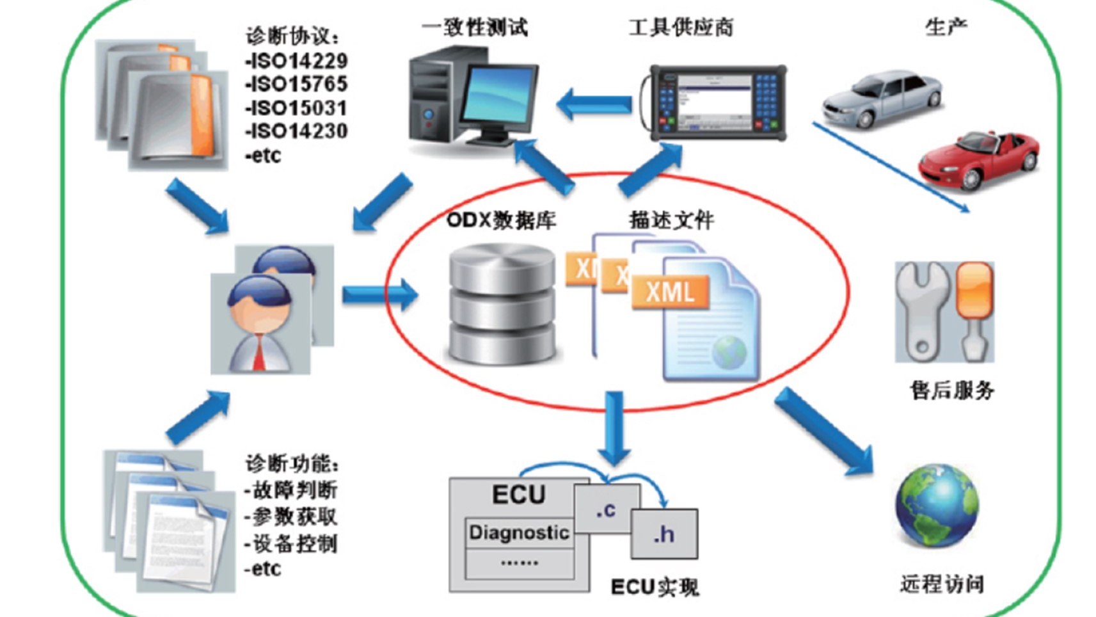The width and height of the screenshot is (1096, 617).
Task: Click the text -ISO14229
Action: pyautogui.click(x=296, y=61)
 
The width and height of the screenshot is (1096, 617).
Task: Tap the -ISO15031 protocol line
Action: pyautogui.click(x=296, y=108)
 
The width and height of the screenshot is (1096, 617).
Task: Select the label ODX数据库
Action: pyautogui.click(x=501, y=220)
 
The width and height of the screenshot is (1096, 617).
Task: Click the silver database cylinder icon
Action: pyautogui.click(x=502, y=304)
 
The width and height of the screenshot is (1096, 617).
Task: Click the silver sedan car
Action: pyautogui.click(x=882, y=99)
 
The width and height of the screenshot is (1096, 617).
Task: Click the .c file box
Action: pyautogui.click(x=607, y=509)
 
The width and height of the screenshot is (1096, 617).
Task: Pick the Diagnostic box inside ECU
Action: pyautogui.click(x=519, y=533)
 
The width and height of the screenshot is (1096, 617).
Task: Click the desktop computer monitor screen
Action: pyautogui.click(x=500, y=96)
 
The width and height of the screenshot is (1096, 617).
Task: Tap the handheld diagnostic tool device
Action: pyautogui.click(x=718, y=102)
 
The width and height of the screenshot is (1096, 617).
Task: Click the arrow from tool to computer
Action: pyautogui.click(x=594, y=104)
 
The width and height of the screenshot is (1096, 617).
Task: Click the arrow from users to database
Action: pyautogui.click(x=379, y=294)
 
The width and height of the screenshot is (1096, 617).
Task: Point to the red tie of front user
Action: pyautogui.click(x=258, y=355)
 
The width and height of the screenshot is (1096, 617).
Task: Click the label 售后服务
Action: pyautogui.click(x=952, y=390)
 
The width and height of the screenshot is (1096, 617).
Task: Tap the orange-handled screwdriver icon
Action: pyautogui.click(x=973, y=310)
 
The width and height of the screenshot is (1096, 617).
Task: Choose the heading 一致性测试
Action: pyautogui.click(x=475, y=28)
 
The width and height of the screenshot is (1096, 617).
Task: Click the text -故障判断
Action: pyautogui.click(x=291, y=490)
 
